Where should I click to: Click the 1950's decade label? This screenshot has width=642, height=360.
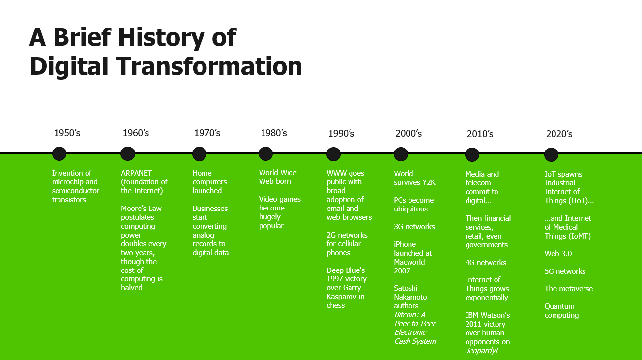[x=67, y=133]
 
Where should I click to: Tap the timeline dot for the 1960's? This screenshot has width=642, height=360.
[x=128, y=154]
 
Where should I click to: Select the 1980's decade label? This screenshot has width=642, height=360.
[x=273, y=133]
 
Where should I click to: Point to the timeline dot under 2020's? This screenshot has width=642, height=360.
[x=551, y=154]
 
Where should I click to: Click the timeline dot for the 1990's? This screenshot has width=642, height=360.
[x=333, y=154]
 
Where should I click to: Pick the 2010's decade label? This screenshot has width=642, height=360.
[x=480, y=134]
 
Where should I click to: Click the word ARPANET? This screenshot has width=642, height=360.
[x=137, y=173]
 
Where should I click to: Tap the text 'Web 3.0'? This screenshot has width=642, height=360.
[x=558, y=254]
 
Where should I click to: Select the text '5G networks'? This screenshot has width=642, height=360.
[x=565, y=271]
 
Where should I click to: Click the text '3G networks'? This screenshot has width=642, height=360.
[x=414, y=227]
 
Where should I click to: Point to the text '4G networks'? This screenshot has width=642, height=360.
[x=486, y=263]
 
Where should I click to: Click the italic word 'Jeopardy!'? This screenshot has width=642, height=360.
[x=482, y=351]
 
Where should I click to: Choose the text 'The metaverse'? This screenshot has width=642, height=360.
[x=569, y=289]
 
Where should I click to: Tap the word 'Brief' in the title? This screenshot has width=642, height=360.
[x=82, y=37]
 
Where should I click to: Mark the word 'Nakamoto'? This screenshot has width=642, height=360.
[x=410, y=297]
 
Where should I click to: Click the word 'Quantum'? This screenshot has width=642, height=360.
[x=559, y=306]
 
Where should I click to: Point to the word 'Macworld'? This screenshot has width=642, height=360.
[x=409, y=262]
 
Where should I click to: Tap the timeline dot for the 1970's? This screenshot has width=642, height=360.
[x=199, y=154]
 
